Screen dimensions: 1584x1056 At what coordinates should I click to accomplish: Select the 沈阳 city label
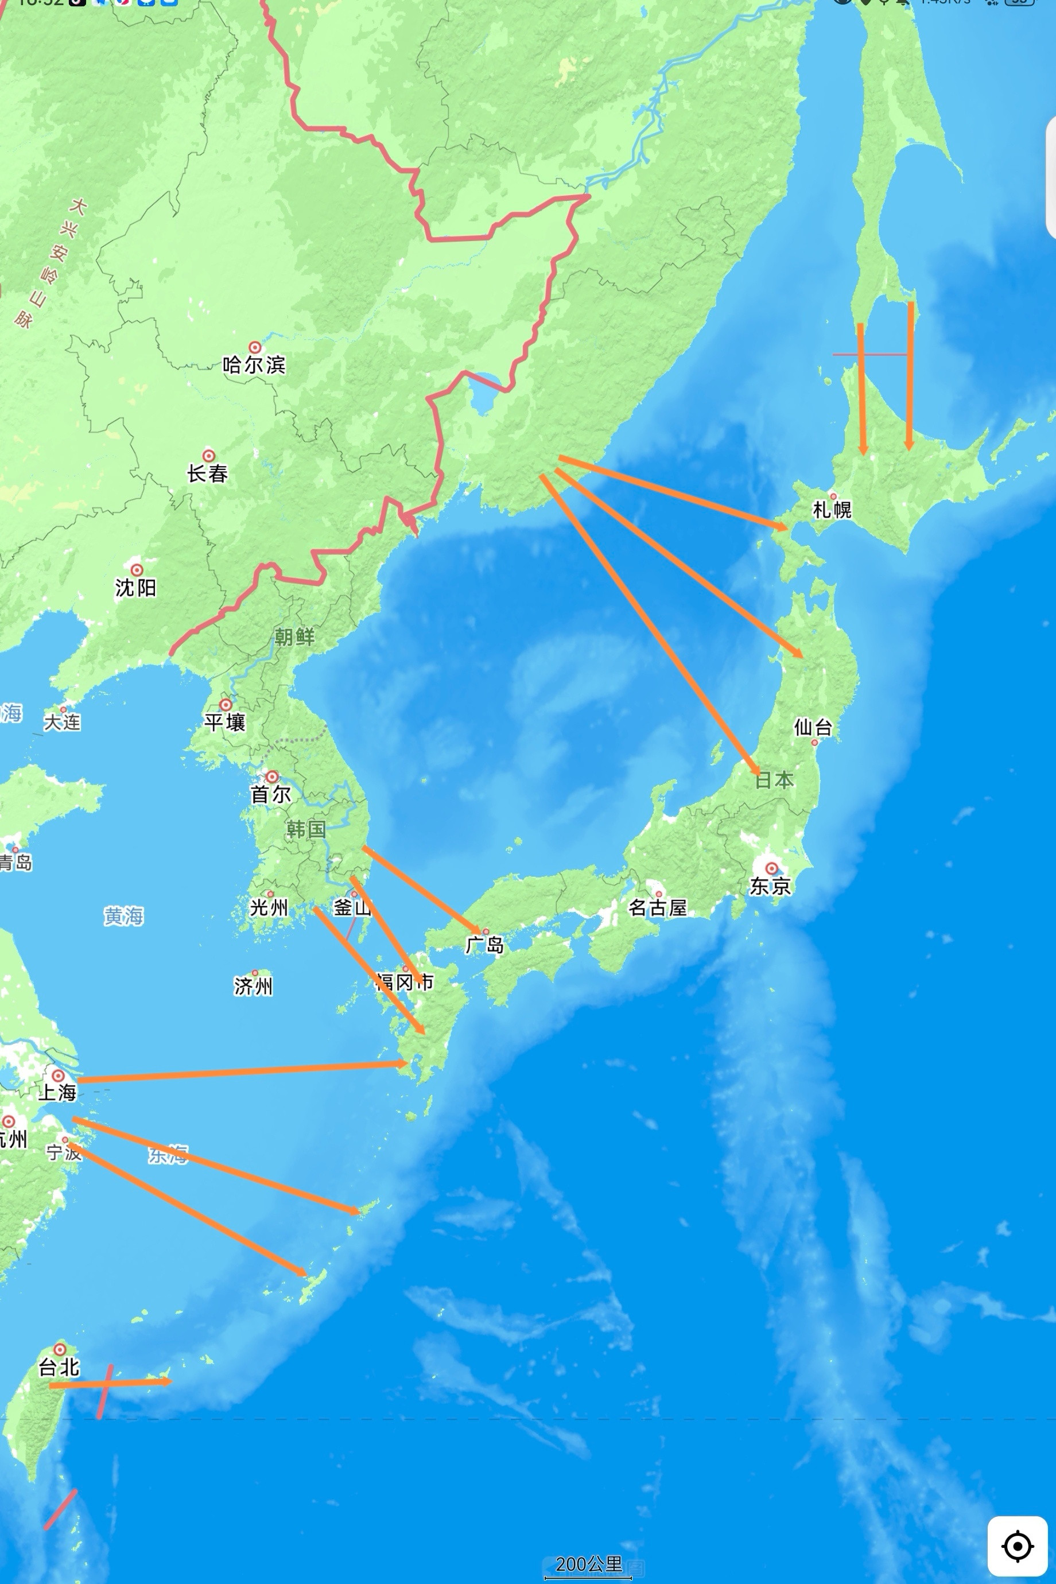(135, 587)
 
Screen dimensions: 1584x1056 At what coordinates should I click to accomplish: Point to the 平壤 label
(225, 722)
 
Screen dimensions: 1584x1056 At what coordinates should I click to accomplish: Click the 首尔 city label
(270, 794)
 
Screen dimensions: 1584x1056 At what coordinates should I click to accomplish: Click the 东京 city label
(770, 886)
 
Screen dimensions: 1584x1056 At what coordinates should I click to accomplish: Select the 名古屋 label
(657, 908)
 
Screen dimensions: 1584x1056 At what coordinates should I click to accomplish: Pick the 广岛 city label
(484, 945)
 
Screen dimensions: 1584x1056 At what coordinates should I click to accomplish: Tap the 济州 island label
(253, 986)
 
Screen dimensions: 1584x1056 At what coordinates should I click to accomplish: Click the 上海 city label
(57, 1092)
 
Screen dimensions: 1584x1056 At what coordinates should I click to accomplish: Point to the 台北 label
(59, 1367)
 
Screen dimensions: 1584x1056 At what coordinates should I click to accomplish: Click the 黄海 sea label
(123, 916)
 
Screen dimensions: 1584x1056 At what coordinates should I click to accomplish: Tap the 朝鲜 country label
(294, 636)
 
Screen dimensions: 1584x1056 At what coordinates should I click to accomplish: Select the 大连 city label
(62, 722)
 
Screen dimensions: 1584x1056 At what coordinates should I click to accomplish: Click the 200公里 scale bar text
(589, 1564)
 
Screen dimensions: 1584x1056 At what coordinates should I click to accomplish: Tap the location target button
(1018, 1546)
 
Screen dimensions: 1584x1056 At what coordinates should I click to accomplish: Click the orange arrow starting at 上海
(242, 1072)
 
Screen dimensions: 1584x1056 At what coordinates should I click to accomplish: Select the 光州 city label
(269, 908)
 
